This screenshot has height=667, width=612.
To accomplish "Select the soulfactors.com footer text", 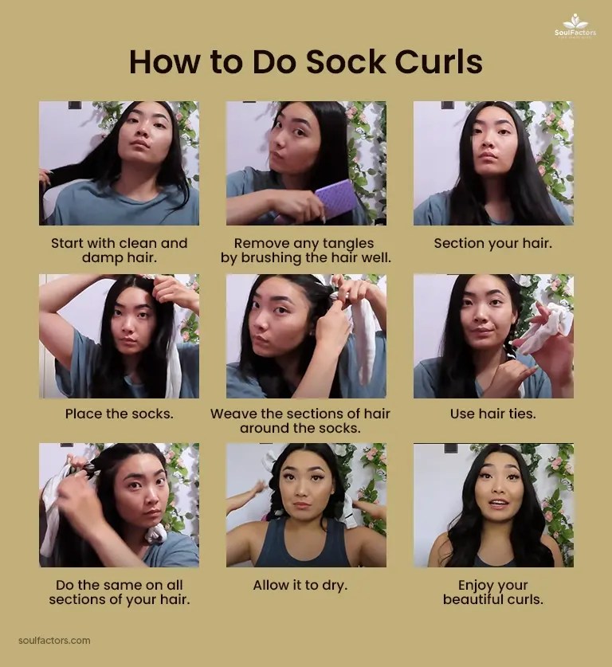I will click(54, 640).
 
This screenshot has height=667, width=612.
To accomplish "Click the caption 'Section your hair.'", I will click(492, 243).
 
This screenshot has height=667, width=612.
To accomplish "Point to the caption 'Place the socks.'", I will click(119, 414).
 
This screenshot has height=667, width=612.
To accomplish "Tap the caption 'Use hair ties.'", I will click(492, 414).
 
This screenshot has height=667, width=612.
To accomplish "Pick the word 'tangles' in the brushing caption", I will click(347, 243).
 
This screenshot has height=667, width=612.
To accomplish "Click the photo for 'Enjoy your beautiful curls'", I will click(492, 505).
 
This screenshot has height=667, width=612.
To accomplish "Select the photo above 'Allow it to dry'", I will click(306, 505).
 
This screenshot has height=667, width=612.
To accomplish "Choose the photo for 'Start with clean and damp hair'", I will click(119, 163).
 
